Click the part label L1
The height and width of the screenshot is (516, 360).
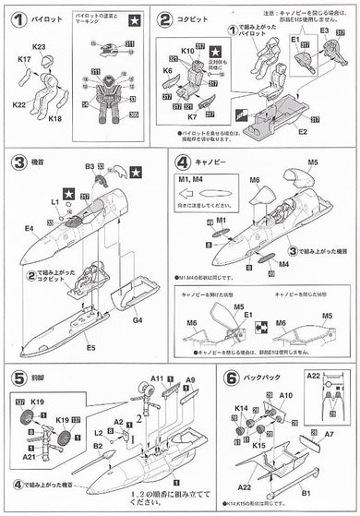(x=54, y=199)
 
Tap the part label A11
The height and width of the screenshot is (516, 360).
(x=157, y=378)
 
